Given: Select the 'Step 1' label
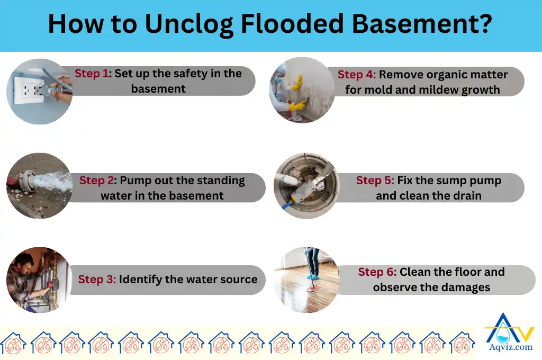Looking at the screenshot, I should [x=93, y=74].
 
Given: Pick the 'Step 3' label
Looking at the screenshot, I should [x=97, y=280].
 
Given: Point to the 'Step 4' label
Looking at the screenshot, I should [x=356, y=75].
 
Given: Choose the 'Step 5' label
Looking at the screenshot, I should [x=375, y=181].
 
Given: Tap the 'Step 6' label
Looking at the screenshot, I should [x=377, y=272].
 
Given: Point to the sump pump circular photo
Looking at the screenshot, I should [x=306, y=186].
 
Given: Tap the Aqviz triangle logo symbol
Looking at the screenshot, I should [x=509, y=327].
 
